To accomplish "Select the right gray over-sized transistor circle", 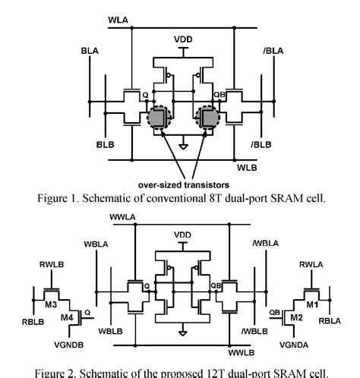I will point(207,118).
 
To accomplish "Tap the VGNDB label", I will point(71,342).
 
